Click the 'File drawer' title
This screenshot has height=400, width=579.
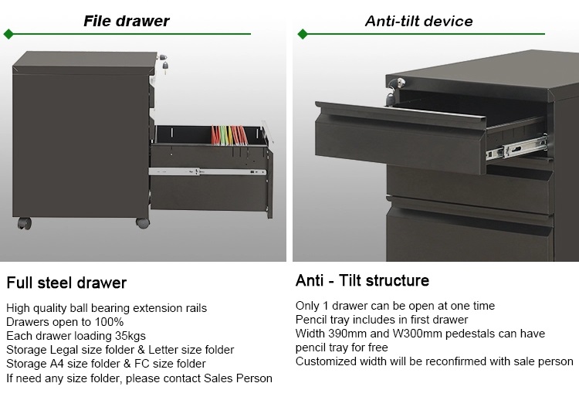pos(127,21)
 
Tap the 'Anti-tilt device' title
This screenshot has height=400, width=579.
pos(418,21)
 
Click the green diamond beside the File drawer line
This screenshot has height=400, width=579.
pos(8,34)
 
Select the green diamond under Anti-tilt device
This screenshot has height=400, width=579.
pos(303,34)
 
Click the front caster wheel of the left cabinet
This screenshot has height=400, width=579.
pos(143,222)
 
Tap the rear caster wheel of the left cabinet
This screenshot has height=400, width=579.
pos(25,222)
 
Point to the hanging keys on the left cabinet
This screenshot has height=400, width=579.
pos(163,63)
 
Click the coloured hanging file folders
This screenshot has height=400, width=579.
pos(229,135)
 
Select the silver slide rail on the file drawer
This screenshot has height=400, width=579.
pos(207,171)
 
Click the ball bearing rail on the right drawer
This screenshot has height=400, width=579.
pos(516,148)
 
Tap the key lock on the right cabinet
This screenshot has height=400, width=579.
pos(394,91)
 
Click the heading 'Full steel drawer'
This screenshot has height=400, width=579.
pos(66,283)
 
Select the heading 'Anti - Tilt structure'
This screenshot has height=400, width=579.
pos(362,281)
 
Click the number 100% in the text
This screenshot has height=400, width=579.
pos(109,322)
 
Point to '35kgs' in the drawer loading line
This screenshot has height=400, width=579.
pos(130,336)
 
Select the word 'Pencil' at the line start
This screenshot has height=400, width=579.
pos(311,320)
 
